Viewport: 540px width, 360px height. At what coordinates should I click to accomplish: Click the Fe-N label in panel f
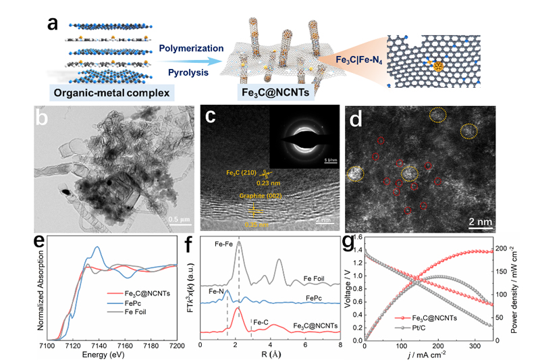pos(217,292)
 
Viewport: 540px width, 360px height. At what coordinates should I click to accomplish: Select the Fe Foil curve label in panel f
pos(317,278)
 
